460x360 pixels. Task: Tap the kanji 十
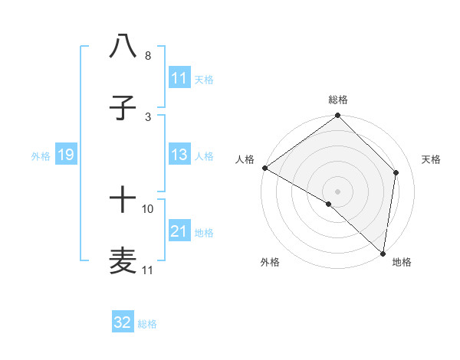(123, 201)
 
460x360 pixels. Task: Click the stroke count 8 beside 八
(148, 56)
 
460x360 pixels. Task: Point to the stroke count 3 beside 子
(148, 116)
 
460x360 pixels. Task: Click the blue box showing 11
(179, 78)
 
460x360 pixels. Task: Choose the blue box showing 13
(179, 155)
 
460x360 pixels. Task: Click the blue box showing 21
(179, 231)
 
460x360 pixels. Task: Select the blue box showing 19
(66, 155)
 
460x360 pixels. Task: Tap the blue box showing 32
(123, 322)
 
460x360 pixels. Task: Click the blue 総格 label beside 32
(147, 324)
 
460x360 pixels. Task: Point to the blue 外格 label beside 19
(41, 156)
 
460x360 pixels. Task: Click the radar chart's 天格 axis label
(432, 159)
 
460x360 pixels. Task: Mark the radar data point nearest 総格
(337, 116)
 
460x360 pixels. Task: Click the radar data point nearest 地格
(383, 253)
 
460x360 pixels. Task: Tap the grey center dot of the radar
(337, 191)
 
